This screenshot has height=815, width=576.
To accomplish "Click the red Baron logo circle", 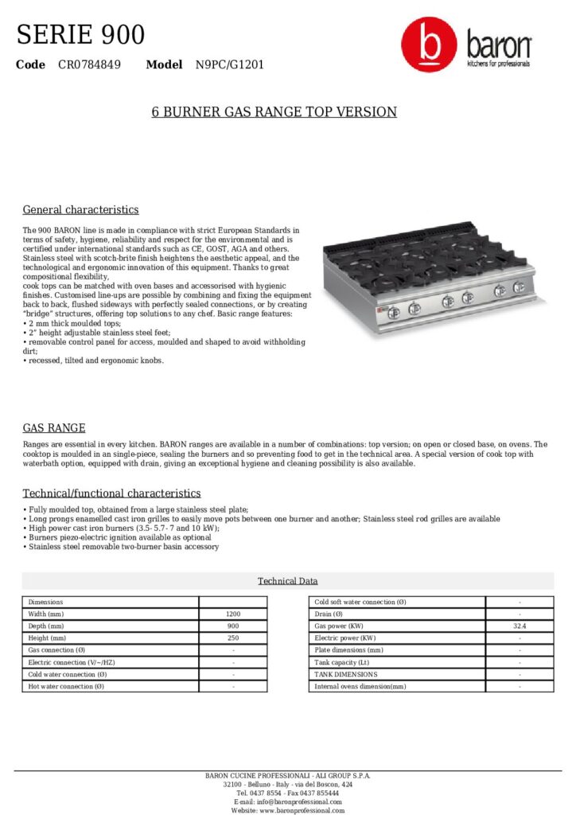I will [x=429, y=45].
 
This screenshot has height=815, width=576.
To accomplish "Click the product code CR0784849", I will [x=89, y=64].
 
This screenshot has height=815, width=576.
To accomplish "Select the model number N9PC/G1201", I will [x=230, y=64].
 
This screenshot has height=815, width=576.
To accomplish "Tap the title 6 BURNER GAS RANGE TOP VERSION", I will [x=274, y=111].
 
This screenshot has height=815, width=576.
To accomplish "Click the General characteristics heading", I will [x=80, y=209].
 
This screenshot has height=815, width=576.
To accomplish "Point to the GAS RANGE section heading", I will [x=54, y=427].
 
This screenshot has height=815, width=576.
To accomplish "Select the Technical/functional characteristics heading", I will [x=111, y=493].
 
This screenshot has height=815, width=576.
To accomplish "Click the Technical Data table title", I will [x=287, y=581].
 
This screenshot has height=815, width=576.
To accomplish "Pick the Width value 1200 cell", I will [x=233, y=614].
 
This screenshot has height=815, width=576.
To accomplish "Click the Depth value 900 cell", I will [x=233, y=626].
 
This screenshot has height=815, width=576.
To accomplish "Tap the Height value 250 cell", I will [x=233, y=638].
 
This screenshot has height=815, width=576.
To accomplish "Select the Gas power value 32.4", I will [x=520, y=626].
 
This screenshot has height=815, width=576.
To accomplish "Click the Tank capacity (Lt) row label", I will [x=342, y=662].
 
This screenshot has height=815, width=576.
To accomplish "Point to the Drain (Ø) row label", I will [x=329, y=614].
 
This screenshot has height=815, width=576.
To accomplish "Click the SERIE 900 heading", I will [x=80, y=34].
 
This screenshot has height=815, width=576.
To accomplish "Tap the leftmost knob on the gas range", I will [x=394, y=311].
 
